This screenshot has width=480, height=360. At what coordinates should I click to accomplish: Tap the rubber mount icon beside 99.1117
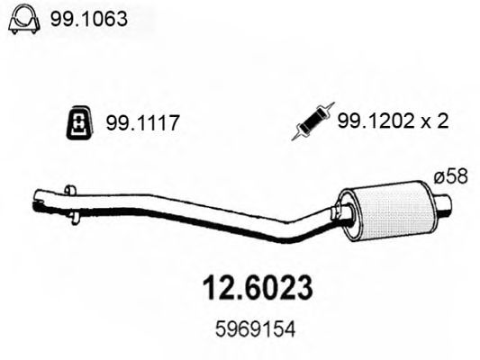click(x=79, y=126)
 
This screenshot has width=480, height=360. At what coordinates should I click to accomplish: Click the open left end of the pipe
click(x=36, y=199)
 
